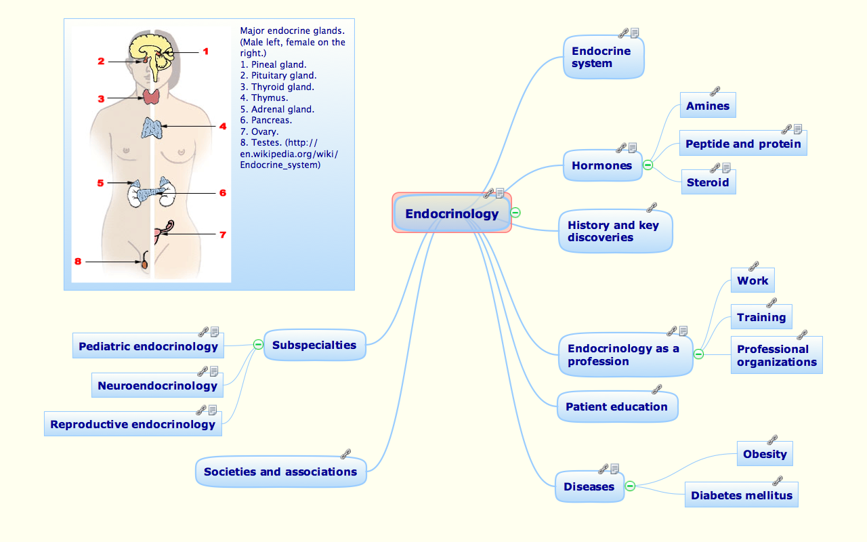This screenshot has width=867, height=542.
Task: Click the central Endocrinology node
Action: click(452, 214)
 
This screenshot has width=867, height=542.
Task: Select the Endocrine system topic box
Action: click(603, 58)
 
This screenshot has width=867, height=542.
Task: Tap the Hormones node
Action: click(601, 166)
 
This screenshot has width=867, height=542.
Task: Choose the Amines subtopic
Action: click(707, 106)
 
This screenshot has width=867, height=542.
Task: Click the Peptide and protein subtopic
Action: click(742, 144)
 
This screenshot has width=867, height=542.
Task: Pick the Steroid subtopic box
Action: click(708, 183)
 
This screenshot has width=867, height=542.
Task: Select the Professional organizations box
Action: click(776, 356)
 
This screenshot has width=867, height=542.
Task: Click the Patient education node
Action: click(616, 407)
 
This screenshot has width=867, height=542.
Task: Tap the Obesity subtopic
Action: click(765, 455)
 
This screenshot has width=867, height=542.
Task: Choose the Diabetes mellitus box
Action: click(741, 496)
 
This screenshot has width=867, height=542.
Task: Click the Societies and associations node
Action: click(280, 472)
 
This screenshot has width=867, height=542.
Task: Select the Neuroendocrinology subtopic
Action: click(157, 386)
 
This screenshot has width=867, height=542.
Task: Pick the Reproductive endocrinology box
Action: click(133, 425)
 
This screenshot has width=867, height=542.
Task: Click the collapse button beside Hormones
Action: click(648, 165)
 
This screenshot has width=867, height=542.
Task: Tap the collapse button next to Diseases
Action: click(629, 486)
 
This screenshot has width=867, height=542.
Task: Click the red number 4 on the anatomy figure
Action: click(222, 126)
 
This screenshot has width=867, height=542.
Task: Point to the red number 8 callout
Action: click(78, 261)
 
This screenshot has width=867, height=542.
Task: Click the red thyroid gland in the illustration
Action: click(151, 96)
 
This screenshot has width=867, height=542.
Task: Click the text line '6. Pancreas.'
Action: click(266, 121)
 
